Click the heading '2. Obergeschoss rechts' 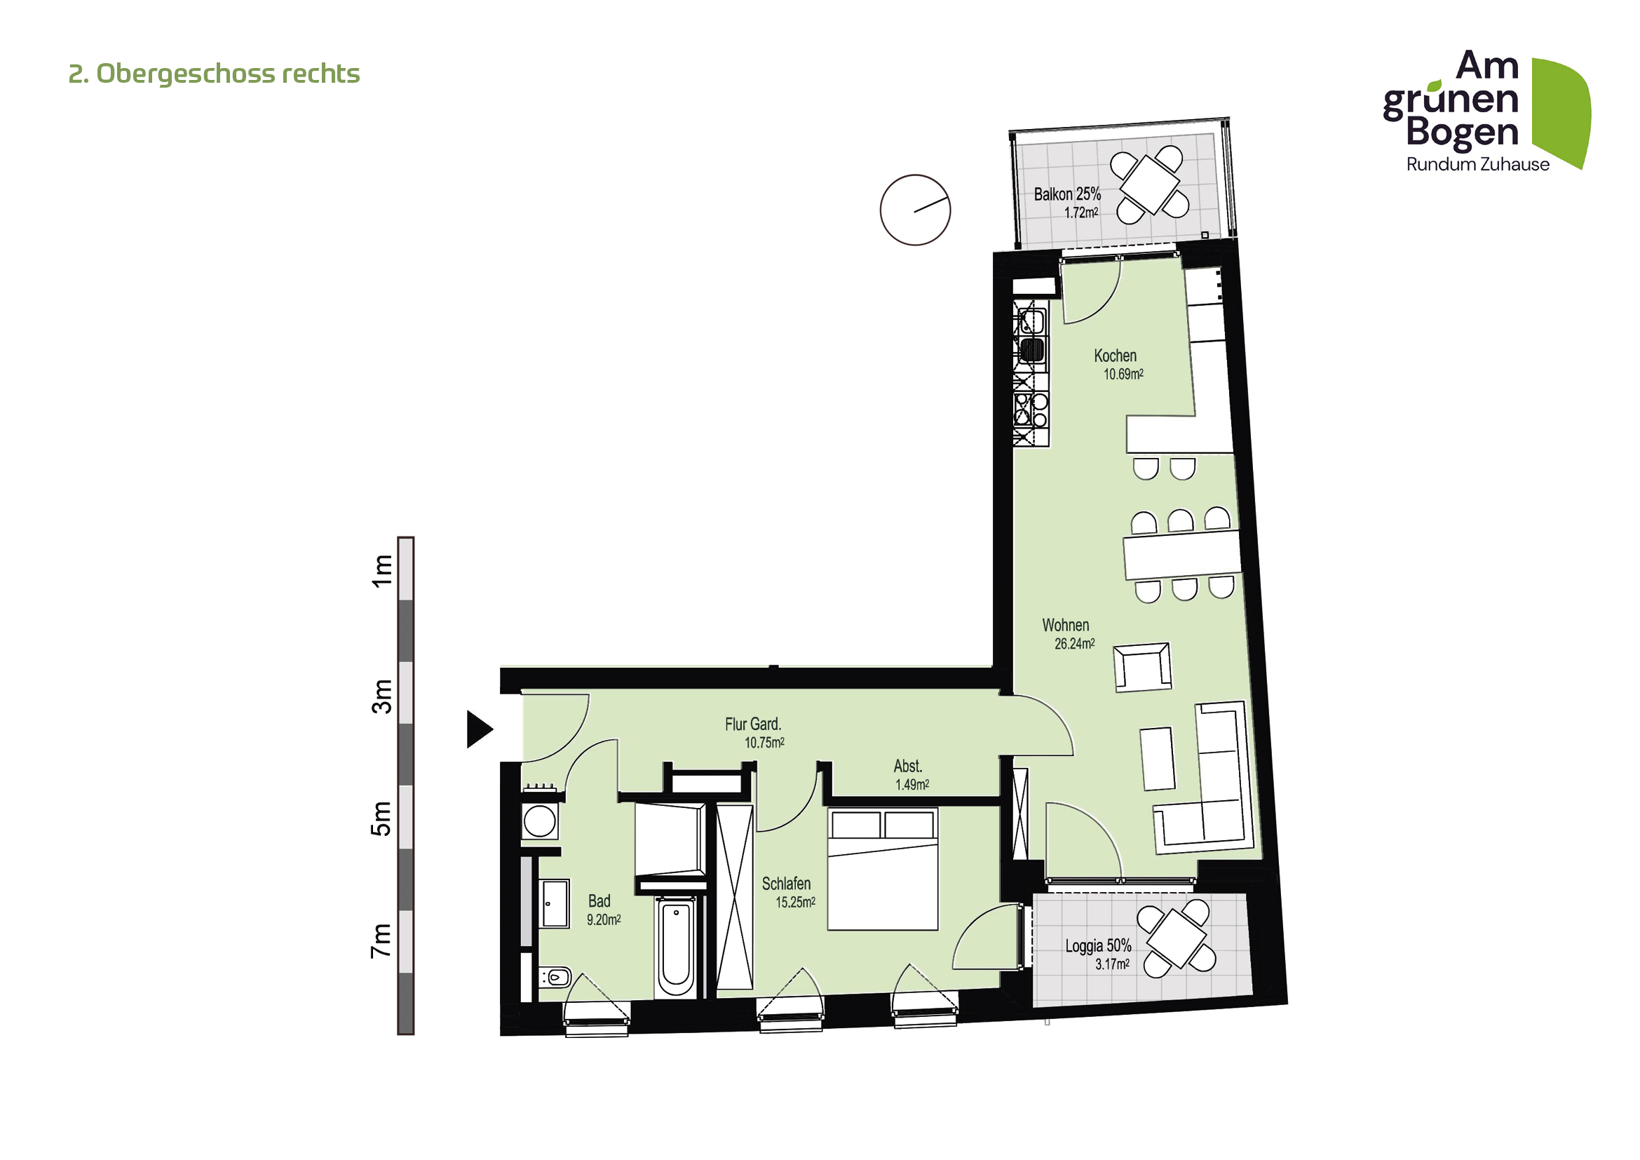tap(214, 74)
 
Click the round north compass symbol tap(915, 210)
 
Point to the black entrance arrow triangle tap(478, 729)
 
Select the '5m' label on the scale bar tap(381, 818)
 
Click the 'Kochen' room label tap(1115, 356)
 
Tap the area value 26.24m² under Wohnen tap(1074, 645)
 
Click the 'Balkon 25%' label tap(1067, 194)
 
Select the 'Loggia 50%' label tap(1098, 946)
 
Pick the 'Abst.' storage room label tap(908, 767)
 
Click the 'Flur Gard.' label tap(753, 724)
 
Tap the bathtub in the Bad tap(676, 947)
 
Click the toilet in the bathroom tap(556, 976)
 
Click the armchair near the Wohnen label tap(1142, 667)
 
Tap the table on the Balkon tap(1149, 184)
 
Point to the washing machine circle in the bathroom tap(539, 821)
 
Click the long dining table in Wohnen tap(1181, 554)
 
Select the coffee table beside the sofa tap(1157, 759)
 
